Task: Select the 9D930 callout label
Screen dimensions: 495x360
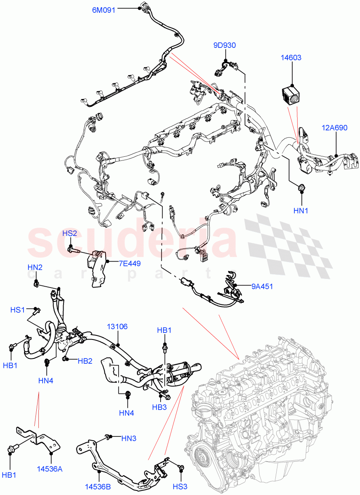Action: [x=225, y=45]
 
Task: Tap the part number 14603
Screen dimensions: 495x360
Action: [x=291, y=58]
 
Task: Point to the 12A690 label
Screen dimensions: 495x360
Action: [x=334, y=128]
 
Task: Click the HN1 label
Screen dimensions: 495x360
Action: [x=301, y=211]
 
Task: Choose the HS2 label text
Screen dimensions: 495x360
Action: [x=70, y=233]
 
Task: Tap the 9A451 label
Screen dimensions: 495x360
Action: [x=262, y=285]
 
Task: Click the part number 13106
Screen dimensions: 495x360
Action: [x=117, y=327]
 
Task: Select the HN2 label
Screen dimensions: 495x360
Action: [x=35, y=267]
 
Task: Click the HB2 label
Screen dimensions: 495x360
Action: [x=85, y=361]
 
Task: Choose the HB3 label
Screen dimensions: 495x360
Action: [x=159, y=407]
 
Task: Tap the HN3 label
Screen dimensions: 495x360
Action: [x=129, y=439]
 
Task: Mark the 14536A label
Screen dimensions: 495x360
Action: [x=49, y=469]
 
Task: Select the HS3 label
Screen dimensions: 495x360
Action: [x=180, y=487]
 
